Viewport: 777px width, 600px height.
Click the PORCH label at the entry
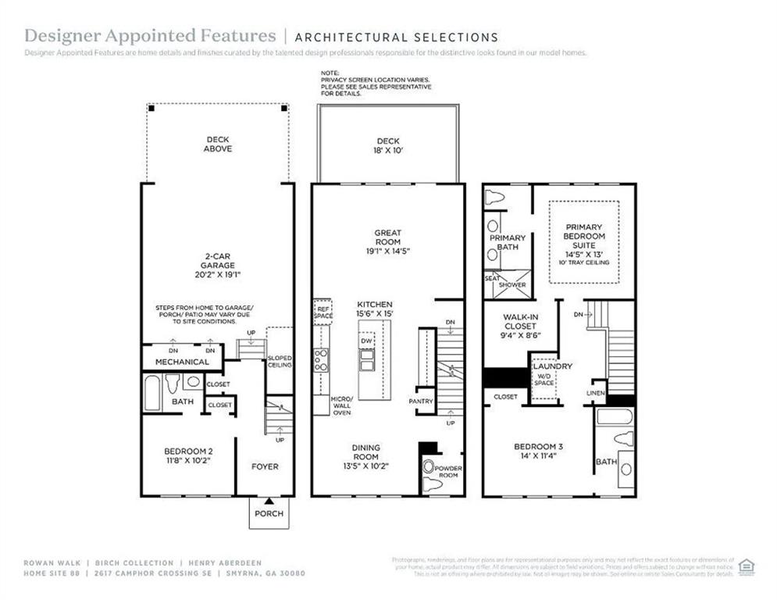click(269, 513)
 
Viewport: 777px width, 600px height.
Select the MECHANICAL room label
click(182, 362)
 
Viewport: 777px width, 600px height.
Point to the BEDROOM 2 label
click(188, 455)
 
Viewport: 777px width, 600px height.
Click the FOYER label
click(265, 466)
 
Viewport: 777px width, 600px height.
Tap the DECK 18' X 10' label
click(387, 146)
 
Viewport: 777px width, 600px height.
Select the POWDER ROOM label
click(448, 472)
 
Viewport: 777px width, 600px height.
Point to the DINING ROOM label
click(366, 456)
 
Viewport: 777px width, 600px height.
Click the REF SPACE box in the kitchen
click(323, 312)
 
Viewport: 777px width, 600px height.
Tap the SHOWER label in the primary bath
click(512, 284)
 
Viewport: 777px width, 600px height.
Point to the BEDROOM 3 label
click(539, 451)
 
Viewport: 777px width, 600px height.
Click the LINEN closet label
click(596, 391)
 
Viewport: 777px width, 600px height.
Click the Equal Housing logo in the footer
click(747, 566)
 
